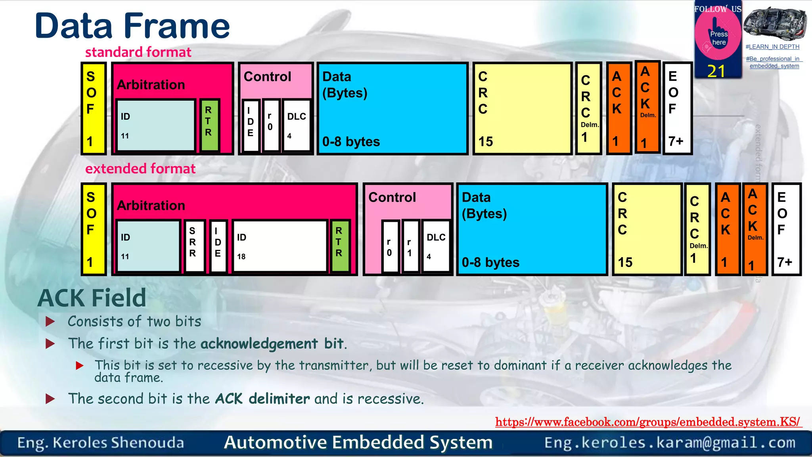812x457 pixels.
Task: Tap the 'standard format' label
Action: point(138,52)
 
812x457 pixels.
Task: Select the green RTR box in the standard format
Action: point(209,125)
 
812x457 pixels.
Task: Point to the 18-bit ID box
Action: point(280,246)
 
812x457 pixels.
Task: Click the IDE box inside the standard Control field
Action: point(251,125)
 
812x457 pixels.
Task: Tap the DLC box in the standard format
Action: point(297,125)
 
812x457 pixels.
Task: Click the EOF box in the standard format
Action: point(677,108)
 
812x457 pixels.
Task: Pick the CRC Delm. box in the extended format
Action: point(697,229)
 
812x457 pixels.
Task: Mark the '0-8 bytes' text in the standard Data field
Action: point(351,142)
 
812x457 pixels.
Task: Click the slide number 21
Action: point(716,71)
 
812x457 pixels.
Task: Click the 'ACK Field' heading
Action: point(92,298)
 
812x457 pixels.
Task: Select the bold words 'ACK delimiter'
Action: point(262,399)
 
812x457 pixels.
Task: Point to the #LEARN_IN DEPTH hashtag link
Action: point(772,47)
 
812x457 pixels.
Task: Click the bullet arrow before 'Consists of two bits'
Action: point(50,321)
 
